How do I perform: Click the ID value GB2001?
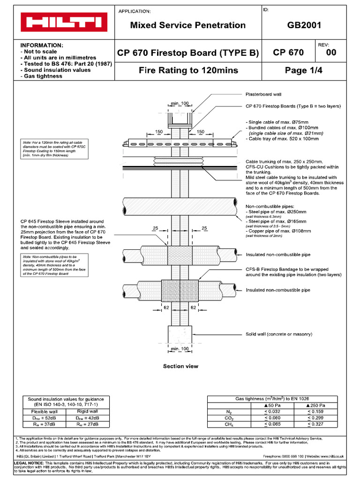tap(305, 25)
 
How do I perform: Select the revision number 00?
tap(331, 53)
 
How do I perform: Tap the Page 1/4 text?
tap(304, 71)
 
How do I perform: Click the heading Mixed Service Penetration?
tap(187, 25)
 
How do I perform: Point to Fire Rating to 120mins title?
tap(188, 71)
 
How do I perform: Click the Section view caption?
tap(180, 366)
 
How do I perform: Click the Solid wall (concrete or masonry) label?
tap(279, 334)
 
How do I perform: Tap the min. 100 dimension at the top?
tap(180, 103)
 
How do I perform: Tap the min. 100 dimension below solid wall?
tap(180, 349)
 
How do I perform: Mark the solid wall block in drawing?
tap(180, 334)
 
